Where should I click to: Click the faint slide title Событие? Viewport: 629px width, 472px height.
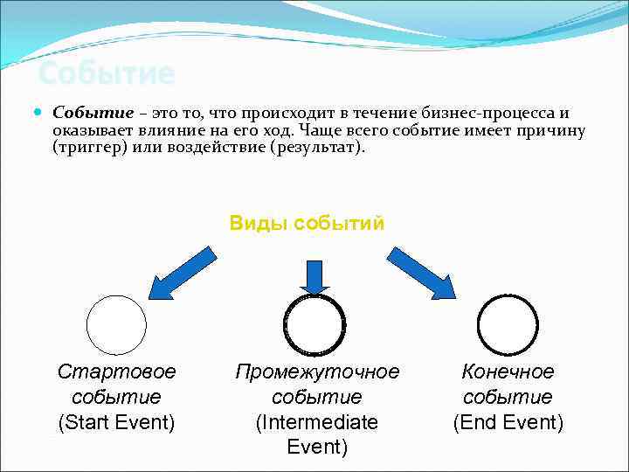(x=107, y=73)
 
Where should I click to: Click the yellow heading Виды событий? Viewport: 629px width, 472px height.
(x=307, y=223)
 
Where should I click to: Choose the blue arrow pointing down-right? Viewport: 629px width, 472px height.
(x=422, y=272)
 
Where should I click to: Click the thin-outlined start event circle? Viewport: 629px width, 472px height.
(x=116, y=325)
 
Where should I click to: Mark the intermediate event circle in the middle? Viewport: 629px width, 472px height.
(x=315, y=324)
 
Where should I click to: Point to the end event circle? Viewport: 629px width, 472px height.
(x=508, y=324)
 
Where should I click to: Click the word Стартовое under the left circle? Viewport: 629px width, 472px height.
(x=116, y=371)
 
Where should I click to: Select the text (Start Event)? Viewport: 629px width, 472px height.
(x=116, y=423)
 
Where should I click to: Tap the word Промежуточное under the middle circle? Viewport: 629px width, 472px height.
(x=317, y=371)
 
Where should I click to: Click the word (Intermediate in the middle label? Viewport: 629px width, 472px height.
(x=317, y=423)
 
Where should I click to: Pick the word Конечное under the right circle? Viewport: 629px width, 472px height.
(x=508, y=371)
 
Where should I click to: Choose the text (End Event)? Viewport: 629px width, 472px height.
(x=508, y=423)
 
